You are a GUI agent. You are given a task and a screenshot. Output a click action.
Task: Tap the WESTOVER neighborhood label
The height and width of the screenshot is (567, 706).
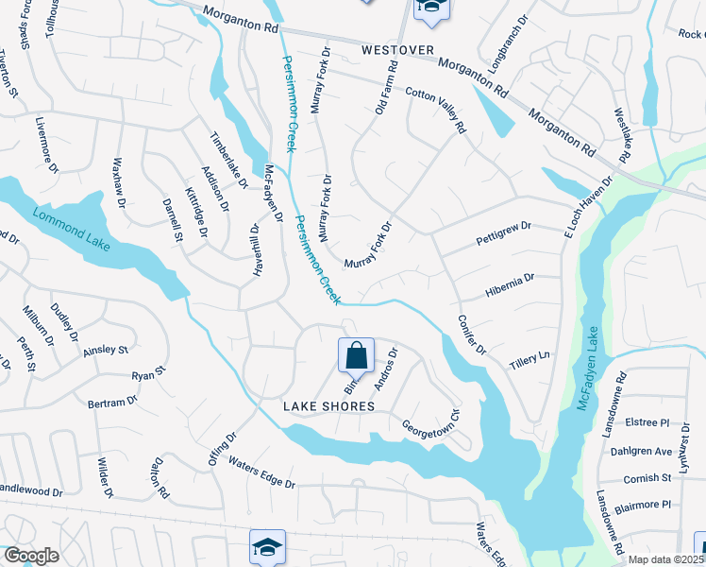pos(396,50)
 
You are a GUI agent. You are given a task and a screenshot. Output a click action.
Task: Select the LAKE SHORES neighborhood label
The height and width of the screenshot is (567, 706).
pos(330,406)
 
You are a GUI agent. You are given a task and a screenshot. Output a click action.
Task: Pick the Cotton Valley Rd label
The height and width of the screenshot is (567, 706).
pos(436,111)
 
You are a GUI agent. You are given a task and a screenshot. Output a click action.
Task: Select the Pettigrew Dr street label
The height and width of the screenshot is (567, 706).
pos(505,232)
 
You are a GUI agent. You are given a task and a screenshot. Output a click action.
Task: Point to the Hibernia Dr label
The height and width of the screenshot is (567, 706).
pos(510,283)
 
